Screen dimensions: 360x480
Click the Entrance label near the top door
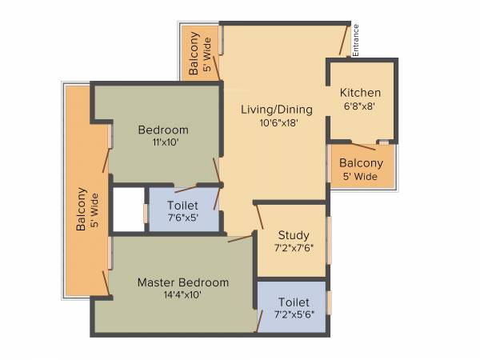click(x=356, y=40)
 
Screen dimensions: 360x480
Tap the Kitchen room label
click(x=360, y=93)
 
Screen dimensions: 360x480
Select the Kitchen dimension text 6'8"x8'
click(x=360, y=106)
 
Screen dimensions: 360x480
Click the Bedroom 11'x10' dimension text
click(x=162, y=142)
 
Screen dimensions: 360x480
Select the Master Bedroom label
click(x=182, y=282)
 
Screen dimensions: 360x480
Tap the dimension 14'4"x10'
click(x=182, y=295)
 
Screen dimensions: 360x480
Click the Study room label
click(x=293, y=234)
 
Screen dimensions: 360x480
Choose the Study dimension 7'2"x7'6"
click(x=293, y=248)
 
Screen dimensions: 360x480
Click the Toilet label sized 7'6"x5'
click(x=182, y=206)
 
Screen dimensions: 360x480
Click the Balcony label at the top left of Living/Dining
click(x=194, y=54)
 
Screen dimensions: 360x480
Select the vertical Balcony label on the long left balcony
click(x=81, y=210)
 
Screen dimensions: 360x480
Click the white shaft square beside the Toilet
click(x=127, y=210)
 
